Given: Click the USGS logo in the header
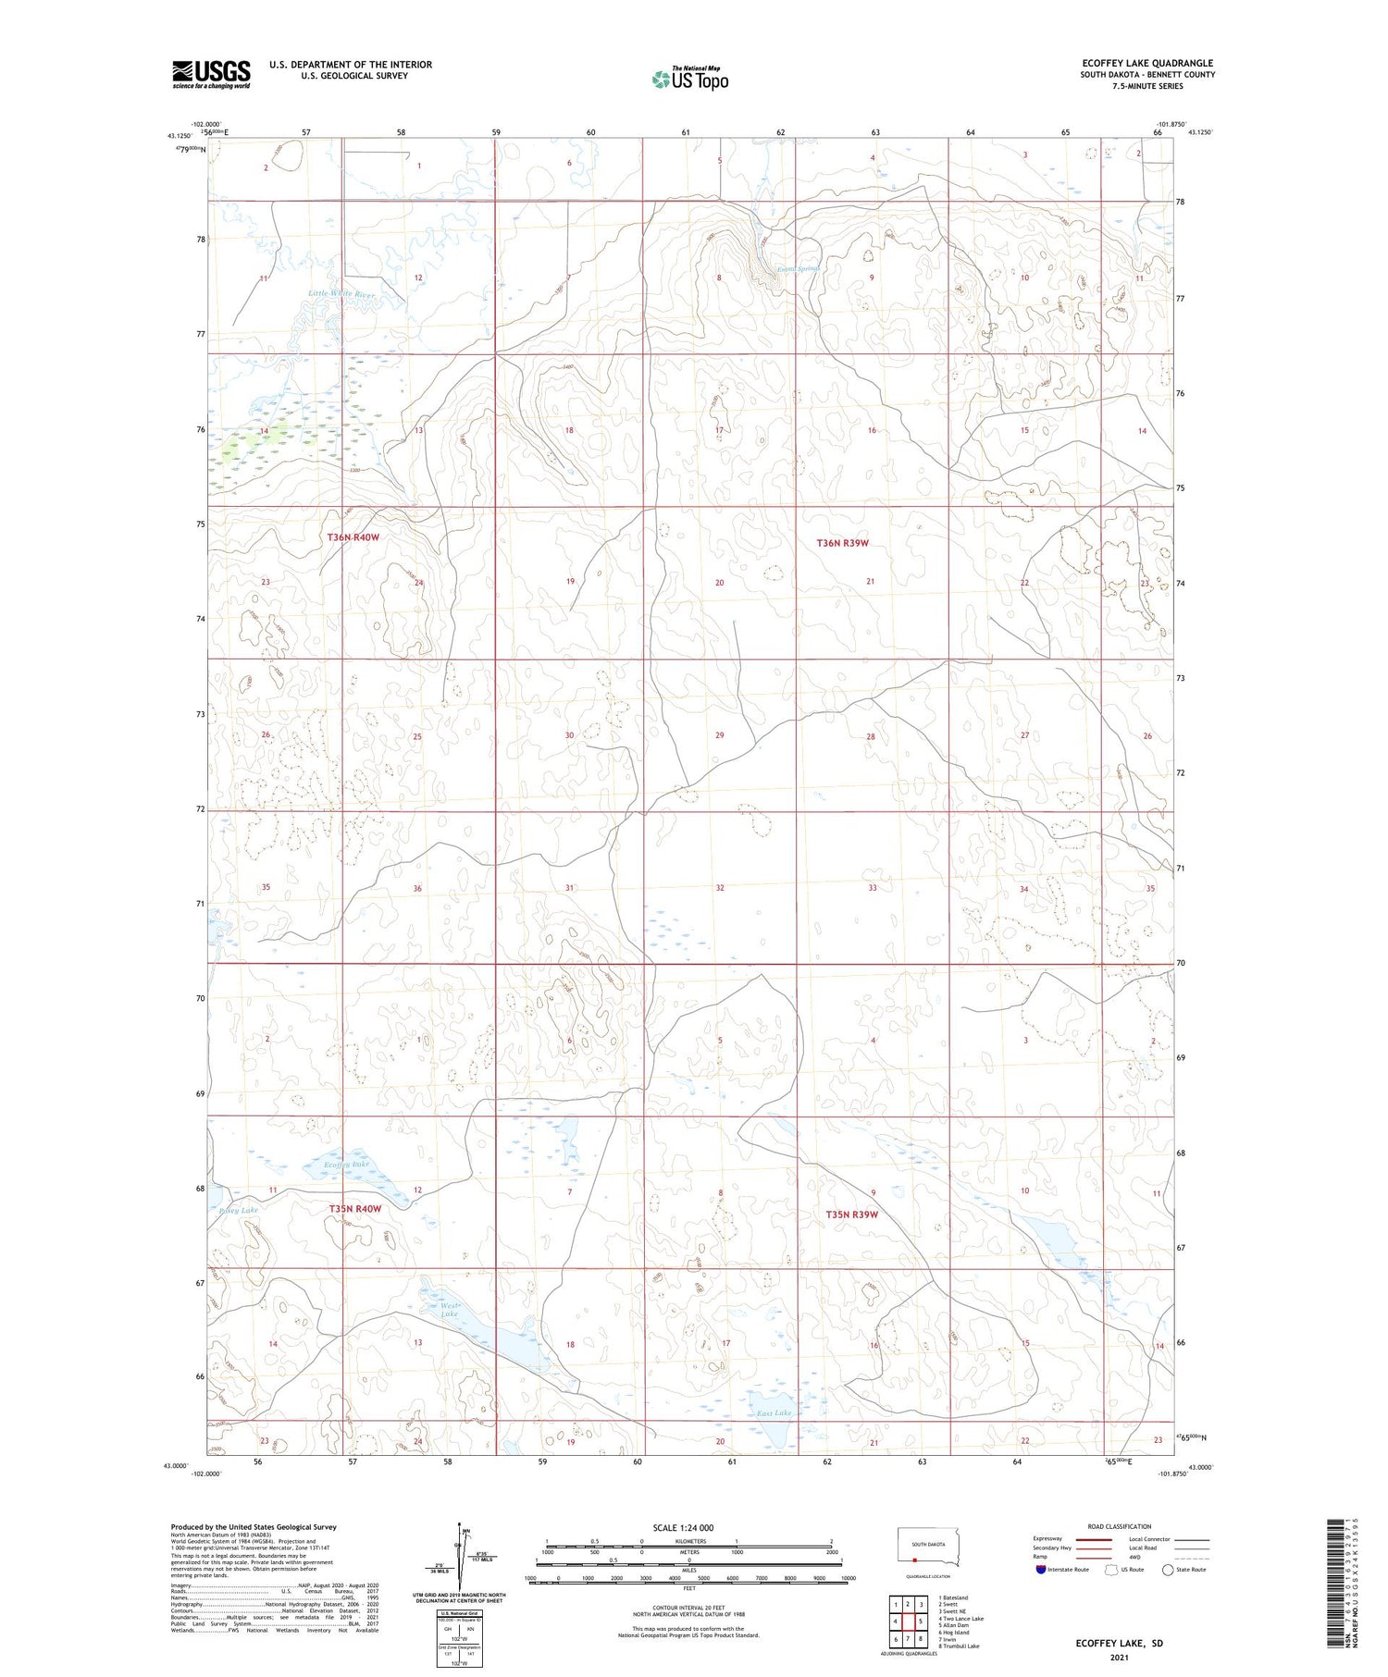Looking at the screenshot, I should [x=211, y=74].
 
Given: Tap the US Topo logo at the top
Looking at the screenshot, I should [x=689, y=80].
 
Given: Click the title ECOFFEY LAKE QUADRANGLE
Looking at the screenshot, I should [x=1147, y=63].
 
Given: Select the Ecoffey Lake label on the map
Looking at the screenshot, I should [x=347, y=1165].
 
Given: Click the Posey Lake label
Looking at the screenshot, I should [x=238, y=1209].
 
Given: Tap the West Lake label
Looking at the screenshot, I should [x=449, y=1310].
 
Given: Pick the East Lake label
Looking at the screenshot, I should [x=774, y=1413].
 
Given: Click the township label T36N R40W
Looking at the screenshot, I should [x=353, y=537].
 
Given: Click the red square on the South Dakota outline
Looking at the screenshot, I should [x=914, y=1558].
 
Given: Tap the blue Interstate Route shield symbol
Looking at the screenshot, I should [x=1040, y=1570].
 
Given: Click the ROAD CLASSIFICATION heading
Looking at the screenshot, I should [x=1120, y=1526].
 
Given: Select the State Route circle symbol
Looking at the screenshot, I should [x=1168, y=1570].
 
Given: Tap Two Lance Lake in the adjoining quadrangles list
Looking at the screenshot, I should [x=960, y=1619].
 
